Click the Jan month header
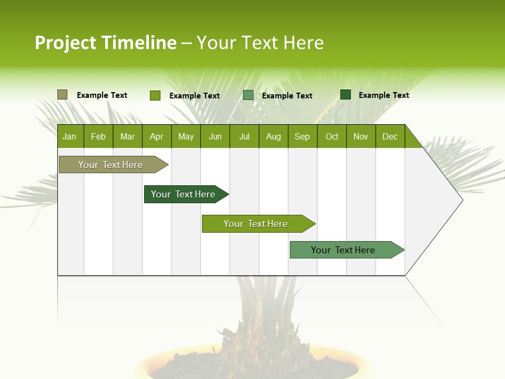[x=70, y=136]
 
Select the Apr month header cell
[x=157, y=136]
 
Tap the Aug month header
[x=274, y=136]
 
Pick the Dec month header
[x=390, y=136]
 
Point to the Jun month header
[x=215, y=136]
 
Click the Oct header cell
[x=332, y=136]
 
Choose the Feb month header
[x=98, y=136]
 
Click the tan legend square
[x=62, y=95]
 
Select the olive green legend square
[x=155, y=95]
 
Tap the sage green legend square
[x=248, y=95]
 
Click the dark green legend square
[x=345, y=95]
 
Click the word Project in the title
[x=66, y=43]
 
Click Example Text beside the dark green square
[x=383, y=95]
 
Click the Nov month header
[x=361, y=136]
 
